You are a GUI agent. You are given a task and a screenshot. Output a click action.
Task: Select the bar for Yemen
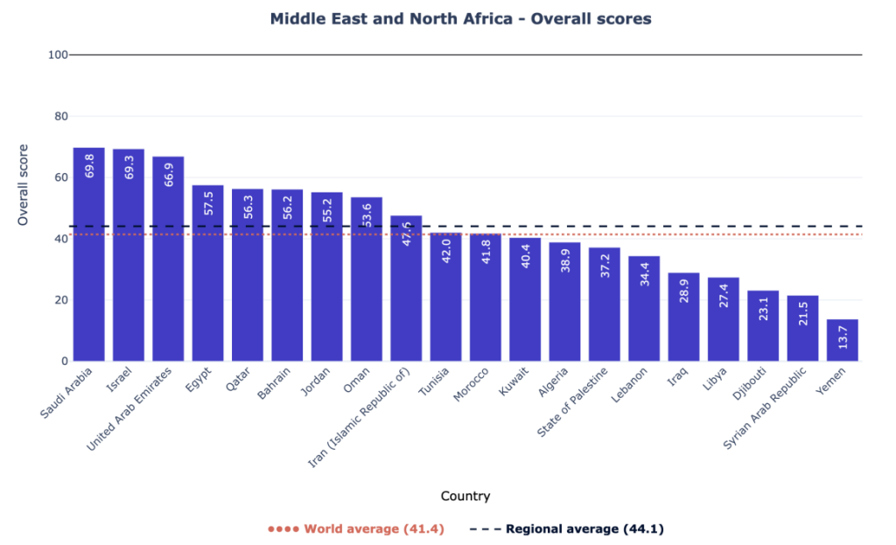click(842, 341)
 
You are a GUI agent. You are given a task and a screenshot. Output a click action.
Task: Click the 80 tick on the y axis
click(59, 116)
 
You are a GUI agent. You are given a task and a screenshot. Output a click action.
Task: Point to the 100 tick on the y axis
click(59, 55)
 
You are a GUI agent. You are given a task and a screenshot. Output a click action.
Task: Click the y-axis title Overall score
click(23, 185)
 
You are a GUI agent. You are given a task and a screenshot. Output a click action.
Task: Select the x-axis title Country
click(465, 496)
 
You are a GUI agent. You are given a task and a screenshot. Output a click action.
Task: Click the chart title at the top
click(460, 18)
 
